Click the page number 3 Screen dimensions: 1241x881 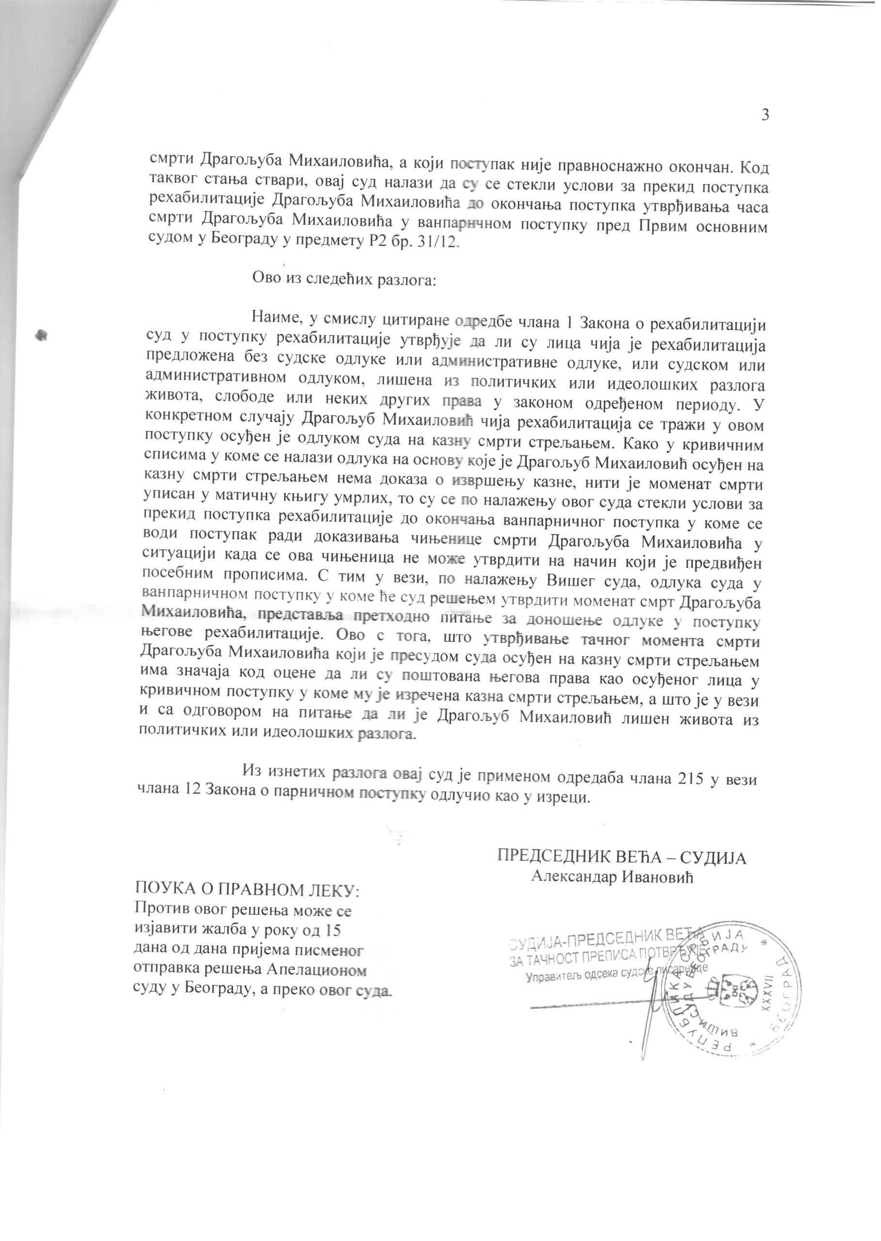click(x=765, y=115)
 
